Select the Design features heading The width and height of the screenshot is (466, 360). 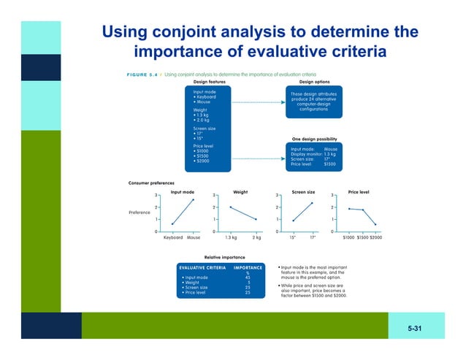click(208, 82)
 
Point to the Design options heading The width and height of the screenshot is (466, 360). click(314, 82)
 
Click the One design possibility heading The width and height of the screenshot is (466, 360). click(314, 139)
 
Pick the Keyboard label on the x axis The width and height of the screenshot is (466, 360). click(172, 237)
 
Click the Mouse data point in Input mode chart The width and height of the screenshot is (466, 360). click(193, 199)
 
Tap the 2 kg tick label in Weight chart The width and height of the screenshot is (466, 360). click(256, 237)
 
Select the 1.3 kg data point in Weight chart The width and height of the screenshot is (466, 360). click(231, 207)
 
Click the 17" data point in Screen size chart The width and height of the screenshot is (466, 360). click(313, 203)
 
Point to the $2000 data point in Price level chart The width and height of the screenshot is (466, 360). click(375, 225)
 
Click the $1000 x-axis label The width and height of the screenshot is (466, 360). click(348, 237)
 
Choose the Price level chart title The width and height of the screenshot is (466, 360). click(359, 192)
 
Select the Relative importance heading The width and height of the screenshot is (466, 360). click(224, 257)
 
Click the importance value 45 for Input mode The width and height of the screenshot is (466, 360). click(248, 277)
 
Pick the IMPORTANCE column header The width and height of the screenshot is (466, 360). click(247, 268)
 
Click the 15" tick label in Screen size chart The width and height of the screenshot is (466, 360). click(293, 237)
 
